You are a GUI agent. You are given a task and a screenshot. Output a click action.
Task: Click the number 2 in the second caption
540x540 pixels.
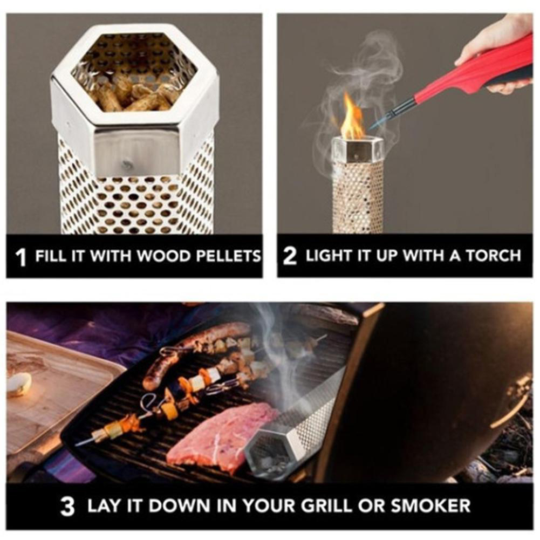click(x=290, y=257)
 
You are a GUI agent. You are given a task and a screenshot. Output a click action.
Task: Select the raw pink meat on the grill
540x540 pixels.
click(x=221, y=438)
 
